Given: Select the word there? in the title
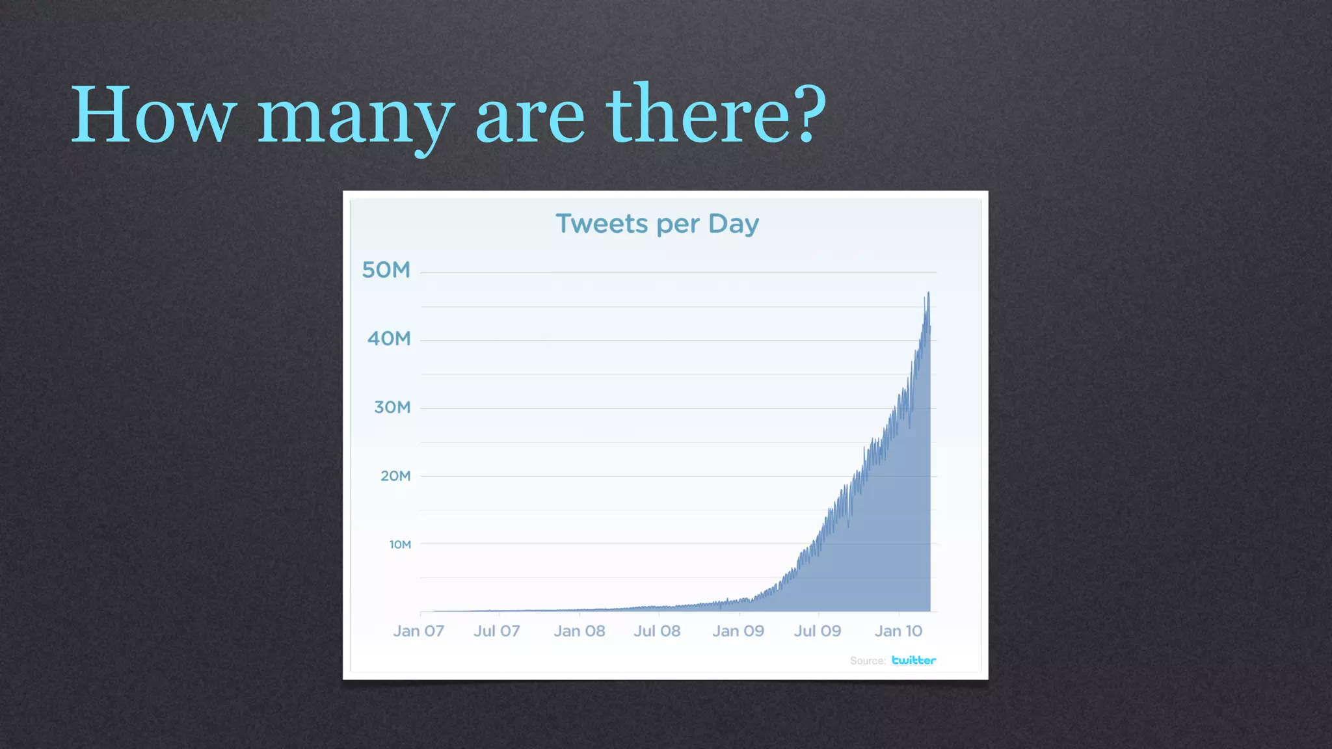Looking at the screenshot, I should tap(716, 114).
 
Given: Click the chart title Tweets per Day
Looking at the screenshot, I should tap(657, 224).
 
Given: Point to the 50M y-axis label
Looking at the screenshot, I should tap(386, 270).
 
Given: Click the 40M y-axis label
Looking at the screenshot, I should tap(389, 339).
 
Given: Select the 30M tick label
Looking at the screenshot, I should tap(392, 408).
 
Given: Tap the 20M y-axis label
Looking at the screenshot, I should tap(395, 476).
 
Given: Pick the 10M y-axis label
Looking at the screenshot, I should tap(400, 545).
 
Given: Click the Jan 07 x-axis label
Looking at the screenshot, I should tap(418, 631).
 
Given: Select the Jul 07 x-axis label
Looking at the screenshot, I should tap(497, 631).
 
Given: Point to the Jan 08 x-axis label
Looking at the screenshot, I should tap(579, 631).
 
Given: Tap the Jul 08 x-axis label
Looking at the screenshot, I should tap(657, 631).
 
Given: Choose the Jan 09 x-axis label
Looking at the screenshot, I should tap(738, 631).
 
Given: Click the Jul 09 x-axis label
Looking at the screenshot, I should tap(818, 631).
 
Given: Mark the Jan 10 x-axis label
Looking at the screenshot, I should tap(898, 631).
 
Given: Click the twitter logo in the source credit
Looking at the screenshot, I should tap(914, 661).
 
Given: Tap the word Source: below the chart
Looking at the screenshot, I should tap(868, 661).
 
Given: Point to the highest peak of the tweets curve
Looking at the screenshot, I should tap(928, 294).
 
